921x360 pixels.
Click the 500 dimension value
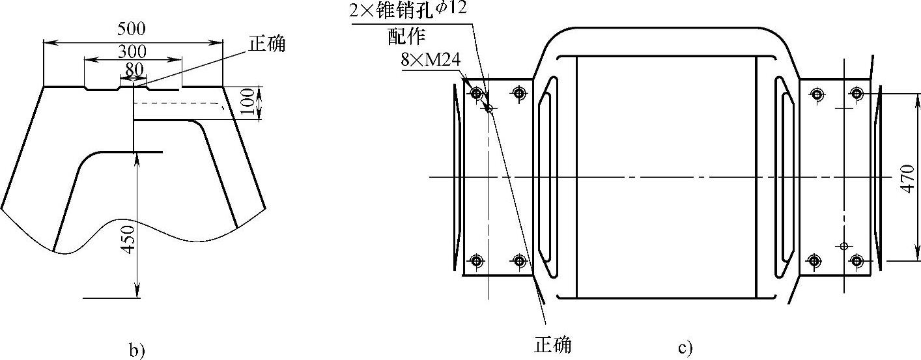[132, 29]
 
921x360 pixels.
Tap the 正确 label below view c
[553, 344]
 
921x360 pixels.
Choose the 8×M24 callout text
[431, 60]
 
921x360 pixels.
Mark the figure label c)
[685, 349]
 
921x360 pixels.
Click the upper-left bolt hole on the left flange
[477, 94]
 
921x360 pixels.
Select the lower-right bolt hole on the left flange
[519, 262]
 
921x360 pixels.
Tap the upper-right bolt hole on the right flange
[857, 94]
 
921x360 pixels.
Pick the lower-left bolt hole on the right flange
[814, 262]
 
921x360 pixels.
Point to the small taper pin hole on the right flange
[843, 246]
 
